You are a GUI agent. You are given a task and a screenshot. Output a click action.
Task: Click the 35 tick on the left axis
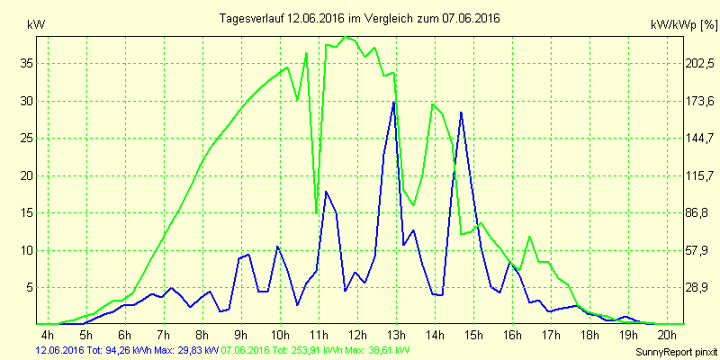click(x=27, y=64)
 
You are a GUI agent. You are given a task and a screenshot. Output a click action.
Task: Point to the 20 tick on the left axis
click(x=27, y=175)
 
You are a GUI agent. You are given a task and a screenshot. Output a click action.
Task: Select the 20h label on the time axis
click(x=667, y=335)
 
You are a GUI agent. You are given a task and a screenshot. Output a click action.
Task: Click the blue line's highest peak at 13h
click(x=393, y=103)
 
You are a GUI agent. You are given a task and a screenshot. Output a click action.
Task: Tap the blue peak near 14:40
click(x=461, y=112)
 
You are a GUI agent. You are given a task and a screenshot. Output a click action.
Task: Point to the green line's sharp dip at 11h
click(x=317, y=213)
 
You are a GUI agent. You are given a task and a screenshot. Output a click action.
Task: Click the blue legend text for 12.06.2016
click(x=126, y=350)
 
